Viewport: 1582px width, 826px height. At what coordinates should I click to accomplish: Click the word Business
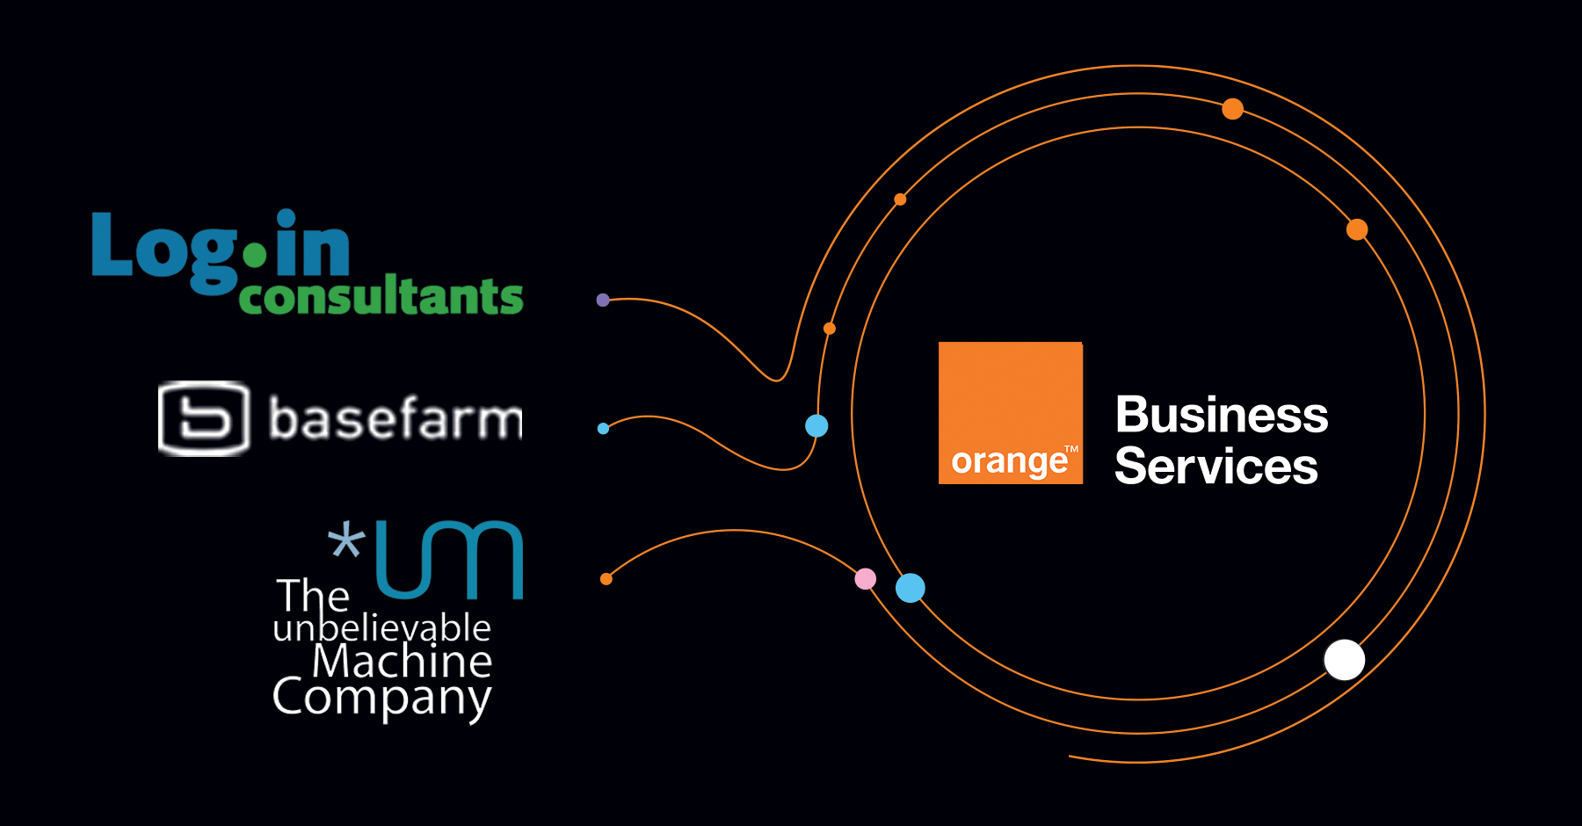(1221, 415)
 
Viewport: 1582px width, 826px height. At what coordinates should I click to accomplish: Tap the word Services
(1216, 467)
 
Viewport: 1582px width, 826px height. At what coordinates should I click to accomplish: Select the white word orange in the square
(1009, 461)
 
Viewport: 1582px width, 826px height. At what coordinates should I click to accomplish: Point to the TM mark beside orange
(1071, 449)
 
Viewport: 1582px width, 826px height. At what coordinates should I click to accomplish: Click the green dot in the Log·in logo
(254, 256)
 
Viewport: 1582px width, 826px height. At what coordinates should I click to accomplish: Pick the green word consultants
(381, 297)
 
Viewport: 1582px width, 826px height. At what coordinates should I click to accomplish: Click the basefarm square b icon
(204, 418)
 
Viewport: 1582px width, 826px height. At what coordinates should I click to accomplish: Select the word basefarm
(395, 418)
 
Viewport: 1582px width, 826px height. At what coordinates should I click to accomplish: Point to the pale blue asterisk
(345, 540)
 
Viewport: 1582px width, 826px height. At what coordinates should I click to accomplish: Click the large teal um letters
(449, 560)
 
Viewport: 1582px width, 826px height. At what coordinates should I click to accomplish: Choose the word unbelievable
(381, 628)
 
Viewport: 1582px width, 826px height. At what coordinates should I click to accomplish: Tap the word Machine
(402, 662)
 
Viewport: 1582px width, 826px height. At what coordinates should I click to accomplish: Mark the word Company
(381, 698)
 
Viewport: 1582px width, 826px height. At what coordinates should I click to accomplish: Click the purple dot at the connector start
(603, 300)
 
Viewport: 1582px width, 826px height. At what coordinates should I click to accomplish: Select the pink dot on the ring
(866, 578)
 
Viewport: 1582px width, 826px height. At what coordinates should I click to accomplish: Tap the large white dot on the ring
(1344, 660)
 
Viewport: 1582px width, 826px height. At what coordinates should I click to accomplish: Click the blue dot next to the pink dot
(910, 588)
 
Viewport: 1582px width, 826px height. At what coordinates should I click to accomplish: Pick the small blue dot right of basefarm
(603, 429)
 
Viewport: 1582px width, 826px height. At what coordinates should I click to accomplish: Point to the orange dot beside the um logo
(606, 579)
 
